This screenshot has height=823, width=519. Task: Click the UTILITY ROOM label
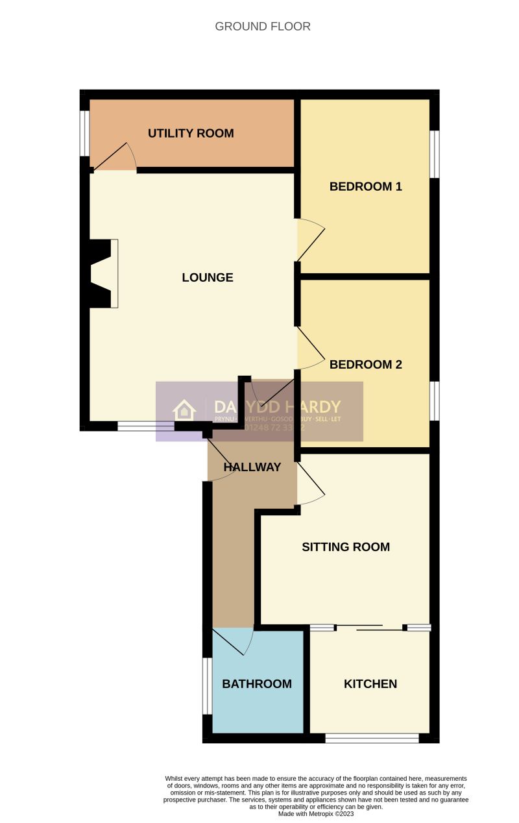pos(191,134)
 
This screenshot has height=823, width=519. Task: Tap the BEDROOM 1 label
pos(366,187)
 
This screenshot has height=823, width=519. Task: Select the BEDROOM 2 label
pos(366,365)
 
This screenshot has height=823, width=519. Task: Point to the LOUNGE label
pos(208,278)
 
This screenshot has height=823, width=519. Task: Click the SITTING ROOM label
pos(346,547)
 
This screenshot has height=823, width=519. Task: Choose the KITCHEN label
pos(370,684)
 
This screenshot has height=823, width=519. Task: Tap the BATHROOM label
pos(257,684)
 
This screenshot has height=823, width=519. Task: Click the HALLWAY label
pos(252,467)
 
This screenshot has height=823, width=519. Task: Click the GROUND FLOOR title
pos(263,27)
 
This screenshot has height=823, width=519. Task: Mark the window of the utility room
pos(84,133)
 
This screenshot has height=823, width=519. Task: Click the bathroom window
pos(207,686)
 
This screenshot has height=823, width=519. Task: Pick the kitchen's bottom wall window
pos(372,738)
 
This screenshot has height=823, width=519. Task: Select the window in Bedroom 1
pos(435,154)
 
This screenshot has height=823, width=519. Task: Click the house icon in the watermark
pos(184,410)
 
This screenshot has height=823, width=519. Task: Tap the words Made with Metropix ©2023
pos(315,813)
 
